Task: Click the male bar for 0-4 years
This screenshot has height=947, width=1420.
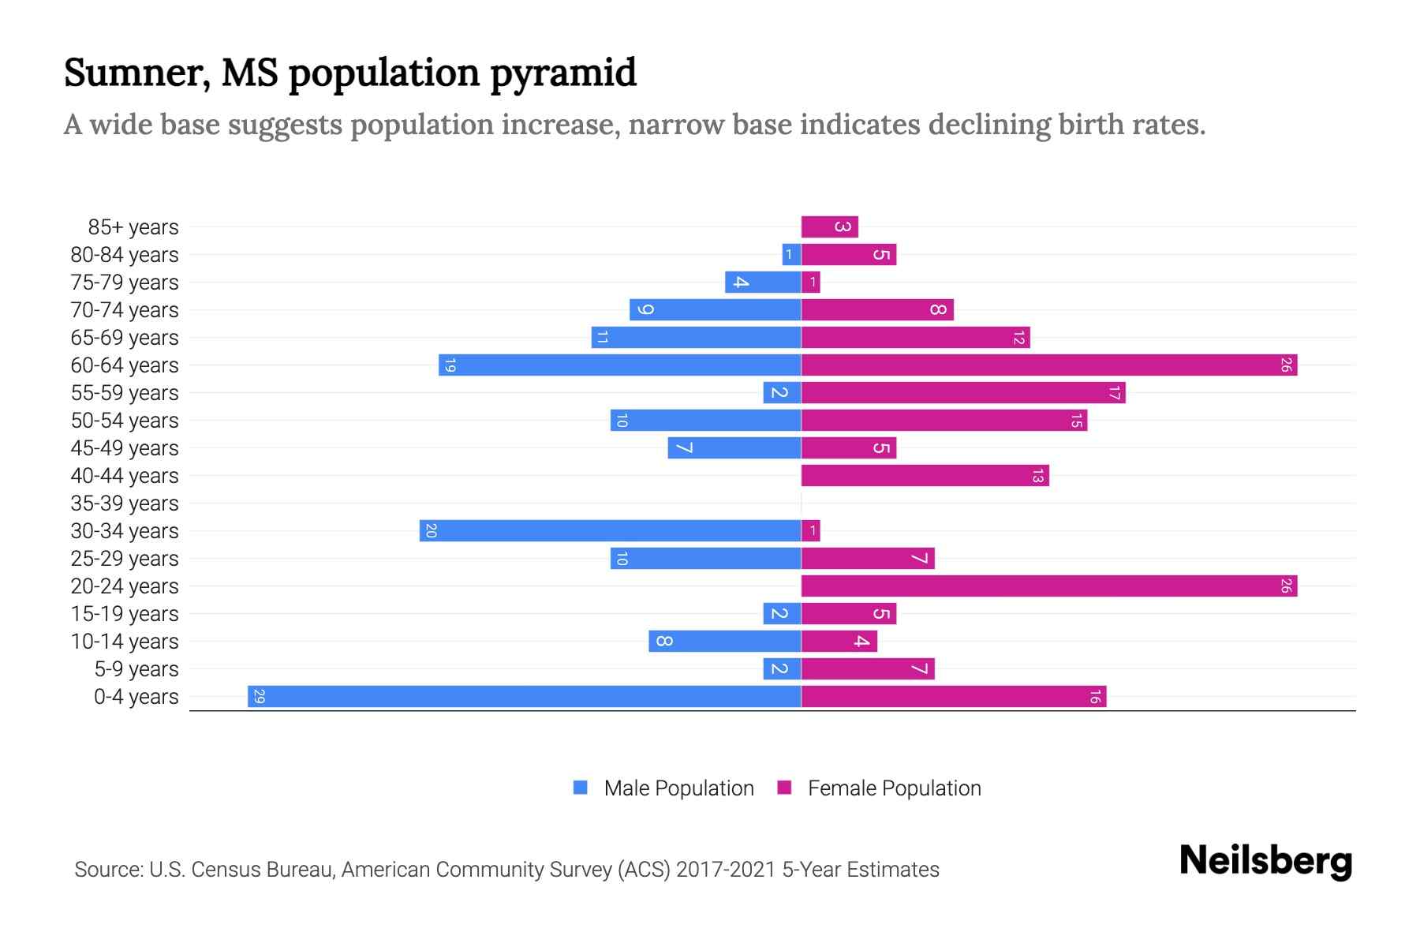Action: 525,697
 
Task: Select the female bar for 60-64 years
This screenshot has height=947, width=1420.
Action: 1049,365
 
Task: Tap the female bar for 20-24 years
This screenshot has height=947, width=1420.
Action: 1049,586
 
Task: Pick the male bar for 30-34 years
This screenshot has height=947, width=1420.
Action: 611,531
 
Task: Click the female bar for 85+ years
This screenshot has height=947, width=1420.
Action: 829,227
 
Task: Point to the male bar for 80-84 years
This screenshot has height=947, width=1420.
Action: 791,255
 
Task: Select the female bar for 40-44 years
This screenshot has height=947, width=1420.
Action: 925,476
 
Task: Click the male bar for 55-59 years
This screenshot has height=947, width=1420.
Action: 782,393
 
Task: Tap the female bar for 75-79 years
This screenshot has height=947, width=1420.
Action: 811,283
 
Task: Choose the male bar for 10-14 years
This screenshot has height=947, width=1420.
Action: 724,642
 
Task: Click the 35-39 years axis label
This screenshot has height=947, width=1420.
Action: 125,503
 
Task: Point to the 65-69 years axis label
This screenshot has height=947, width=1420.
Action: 125,338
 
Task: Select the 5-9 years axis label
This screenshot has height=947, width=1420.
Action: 136,669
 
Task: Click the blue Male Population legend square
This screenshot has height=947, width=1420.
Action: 581,788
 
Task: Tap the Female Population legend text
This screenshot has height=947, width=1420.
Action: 894,788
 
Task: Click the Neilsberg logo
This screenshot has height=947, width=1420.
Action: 1265,861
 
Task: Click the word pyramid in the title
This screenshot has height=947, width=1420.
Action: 563,73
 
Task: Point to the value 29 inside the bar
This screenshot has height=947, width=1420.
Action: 260,697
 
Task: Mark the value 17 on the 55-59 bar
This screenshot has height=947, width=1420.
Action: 1114,393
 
